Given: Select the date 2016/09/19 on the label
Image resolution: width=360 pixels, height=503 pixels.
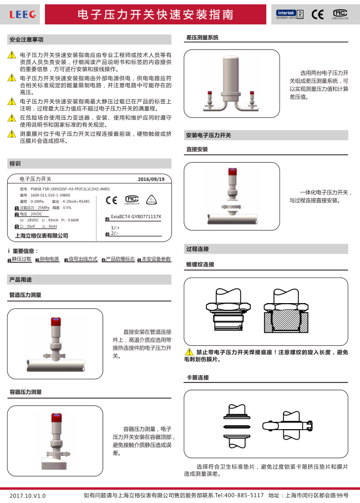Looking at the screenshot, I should coord(151,179).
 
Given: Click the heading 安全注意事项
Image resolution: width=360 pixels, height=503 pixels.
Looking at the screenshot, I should coord(27,40).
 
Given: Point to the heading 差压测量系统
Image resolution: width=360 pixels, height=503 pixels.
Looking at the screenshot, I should coord(202,38).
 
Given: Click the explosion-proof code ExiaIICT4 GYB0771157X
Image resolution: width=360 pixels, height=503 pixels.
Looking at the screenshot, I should coord(136,217).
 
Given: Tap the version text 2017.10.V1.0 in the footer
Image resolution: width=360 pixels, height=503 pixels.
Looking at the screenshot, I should coord(28,495).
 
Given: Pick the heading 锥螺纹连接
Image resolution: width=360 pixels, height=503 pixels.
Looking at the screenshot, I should coord(200,264).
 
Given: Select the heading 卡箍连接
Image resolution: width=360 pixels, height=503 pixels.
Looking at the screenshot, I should coord(197,378).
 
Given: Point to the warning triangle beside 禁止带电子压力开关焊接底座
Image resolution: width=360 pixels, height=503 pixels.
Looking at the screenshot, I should coord(189,352).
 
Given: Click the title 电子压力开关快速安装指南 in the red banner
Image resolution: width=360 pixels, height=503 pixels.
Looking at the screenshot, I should coord(155,14).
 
